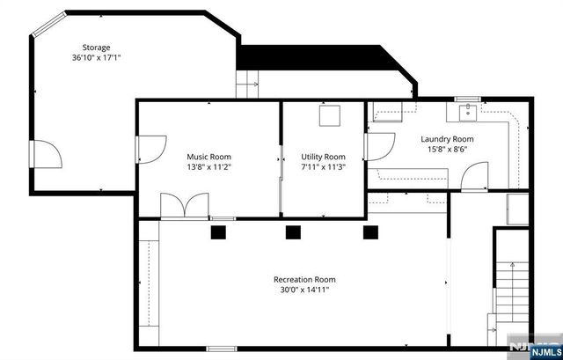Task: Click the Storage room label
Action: tap(97, 48)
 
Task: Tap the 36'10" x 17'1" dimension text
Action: tap(97, 58)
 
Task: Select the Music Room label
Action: tap(209, 157)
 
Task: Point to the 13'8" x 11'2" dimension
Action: tap(209, 167)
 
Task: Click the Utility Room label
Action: tap(323, 157)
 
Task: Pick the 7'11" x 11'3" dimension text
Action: tap(323, 167)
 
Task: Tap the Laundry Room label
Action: tap(447, 139)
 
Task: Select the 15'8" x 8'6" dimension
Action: tap(447, 150)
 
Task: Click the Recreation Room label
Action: tap(304, 280)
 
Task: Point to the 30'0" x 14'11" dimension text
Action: tap(304, 290)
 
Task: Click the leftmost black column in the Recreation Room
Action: tap(217, 232)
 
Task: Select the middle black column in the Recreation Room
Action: tap(293, 232)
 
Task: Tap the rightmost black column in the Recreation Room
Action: tap(370, 232)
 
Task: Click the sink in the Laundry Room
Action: tap(467, 112)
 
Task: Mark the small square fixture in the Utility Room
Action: tap(330, 115)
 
